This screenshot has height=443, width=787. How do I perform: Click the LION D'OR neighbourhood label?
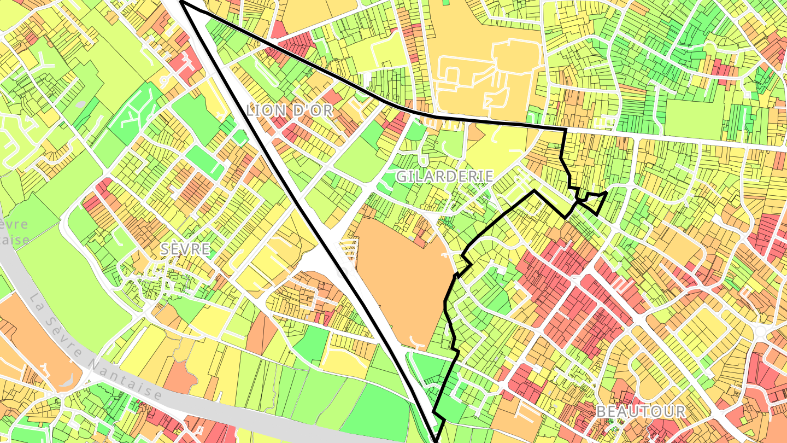click(289, 110)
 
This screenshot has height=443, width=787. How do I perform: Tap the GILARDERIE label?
click(445, 176)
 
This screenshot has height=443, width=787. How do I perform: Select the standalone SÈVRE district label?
click(185, 249)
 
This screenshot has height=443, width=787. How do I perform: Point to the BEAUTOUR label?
click(641, 411)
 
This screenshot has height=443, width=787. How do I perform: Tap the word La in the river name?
click(38, 304)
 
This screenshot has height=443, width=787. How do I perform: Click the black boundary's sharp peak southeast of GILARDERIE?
click(534, 191)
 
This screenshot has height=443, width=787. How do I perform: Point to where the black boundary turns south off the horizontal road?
click(565, 130)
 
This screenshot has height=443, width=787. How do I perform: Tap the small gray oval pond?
click(81, 103)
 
